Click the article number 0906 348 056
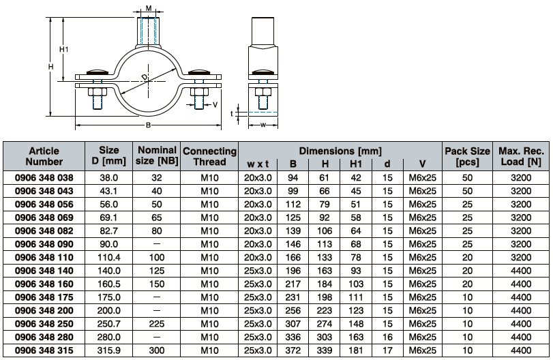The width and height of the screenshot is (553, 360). [44, 205]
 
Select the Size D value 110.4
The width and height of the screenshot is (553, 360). [109, 258]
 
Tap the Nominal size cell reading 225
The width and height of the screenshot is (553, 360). [157, 324]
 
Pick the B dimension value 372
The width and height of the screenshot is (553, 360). [293, 351]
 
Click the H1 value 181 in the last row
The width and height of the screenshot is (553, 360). [356, 351]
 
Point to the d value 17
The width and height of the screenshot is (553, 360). [387, 351]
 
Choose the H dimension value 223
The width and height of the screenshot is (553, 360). [325, 311]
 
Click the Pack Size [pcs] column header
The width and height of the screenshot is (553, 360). [467, 156]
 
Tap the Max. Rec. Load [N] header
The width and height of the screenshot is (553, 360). [521, 156]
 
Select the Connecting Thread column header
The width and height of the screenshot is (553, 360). [209, 156]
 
